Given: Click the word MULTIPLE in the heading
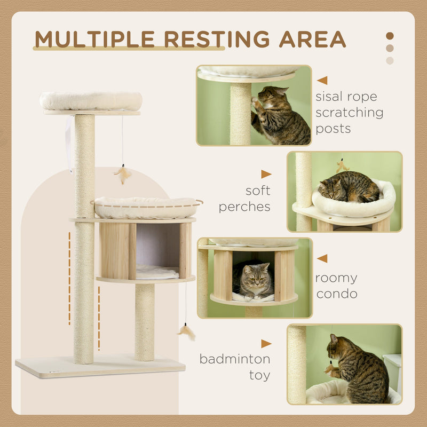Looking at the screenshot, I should click(95, 39).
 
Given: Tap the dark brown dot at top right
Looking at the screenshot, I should click(390, 36).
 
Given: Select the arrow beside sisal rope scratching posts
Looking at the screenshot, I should click(322, 81).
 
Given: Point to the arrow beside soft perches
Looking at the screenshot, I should click(266, 174).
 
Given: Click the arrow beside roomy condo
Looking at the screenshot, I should click(322, 259).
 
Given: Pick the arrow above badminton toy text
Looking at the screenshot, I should click(266, 344).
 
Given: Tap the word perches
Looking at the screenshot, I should click(244, 207).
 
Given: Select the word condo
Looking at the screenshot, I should click(336, 294).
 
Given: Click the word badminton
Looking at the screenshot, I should click(235, 359).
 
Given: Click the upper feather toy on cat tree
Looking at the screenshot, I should click(123, 174).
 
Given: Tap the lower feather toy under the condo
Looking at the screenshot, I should click(187, 331).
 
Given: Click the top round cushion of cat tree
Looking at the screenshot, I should click(91, 100).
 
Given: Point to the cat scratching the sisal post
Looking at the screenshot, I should click(280, 115).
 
